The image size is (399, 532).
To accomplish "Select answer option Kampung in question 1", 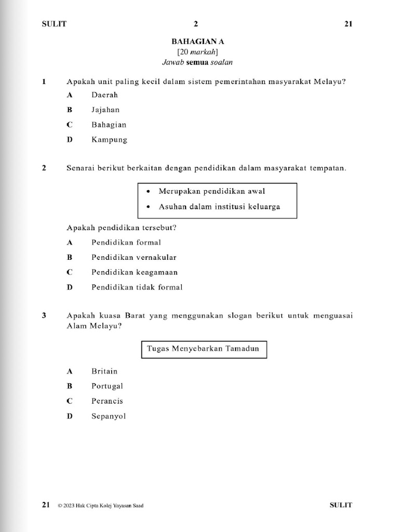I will tap(109, 140).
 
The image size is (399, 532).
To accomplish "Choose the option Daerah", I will tap(104, 95).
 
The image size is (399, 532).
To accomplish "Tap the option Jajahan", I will tap(105, 110).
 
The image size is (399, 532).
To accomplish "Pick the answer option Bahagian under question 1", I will tap(109, 125).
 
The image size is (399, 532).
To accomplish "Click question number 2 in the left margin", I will tap(44, 168).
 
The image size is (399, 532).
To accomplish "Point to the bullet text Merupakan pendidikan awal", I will tap(211, 191).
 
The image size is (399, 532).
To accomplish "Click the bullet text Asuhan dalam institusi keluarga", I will tap(219, 206).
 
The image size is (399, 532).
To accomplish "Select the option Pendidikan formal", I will tap(126, 242).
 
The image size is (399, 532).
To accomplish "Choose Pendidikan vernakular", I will tap(134, 257).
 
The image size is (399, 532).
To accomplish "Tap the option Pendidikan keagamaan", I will tap(135, 272).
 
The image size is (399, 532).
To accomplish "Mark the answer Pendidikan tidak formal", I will tap(137, 287).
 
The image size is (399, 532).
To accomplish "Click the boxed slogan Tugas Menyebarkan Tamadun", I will tap(204, 349).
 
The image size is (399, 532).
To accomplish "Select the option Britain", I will tap(104, 371).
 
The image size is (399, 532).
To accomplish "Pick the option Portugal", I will tap(107, 386).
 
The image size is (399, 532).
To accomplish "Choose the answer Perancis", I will tap(107, 401).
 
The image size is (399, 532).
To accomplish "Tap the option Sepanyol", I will tap(109, 416).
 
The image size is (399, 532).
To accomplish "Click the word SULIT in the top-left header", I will tap(54, 24).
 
